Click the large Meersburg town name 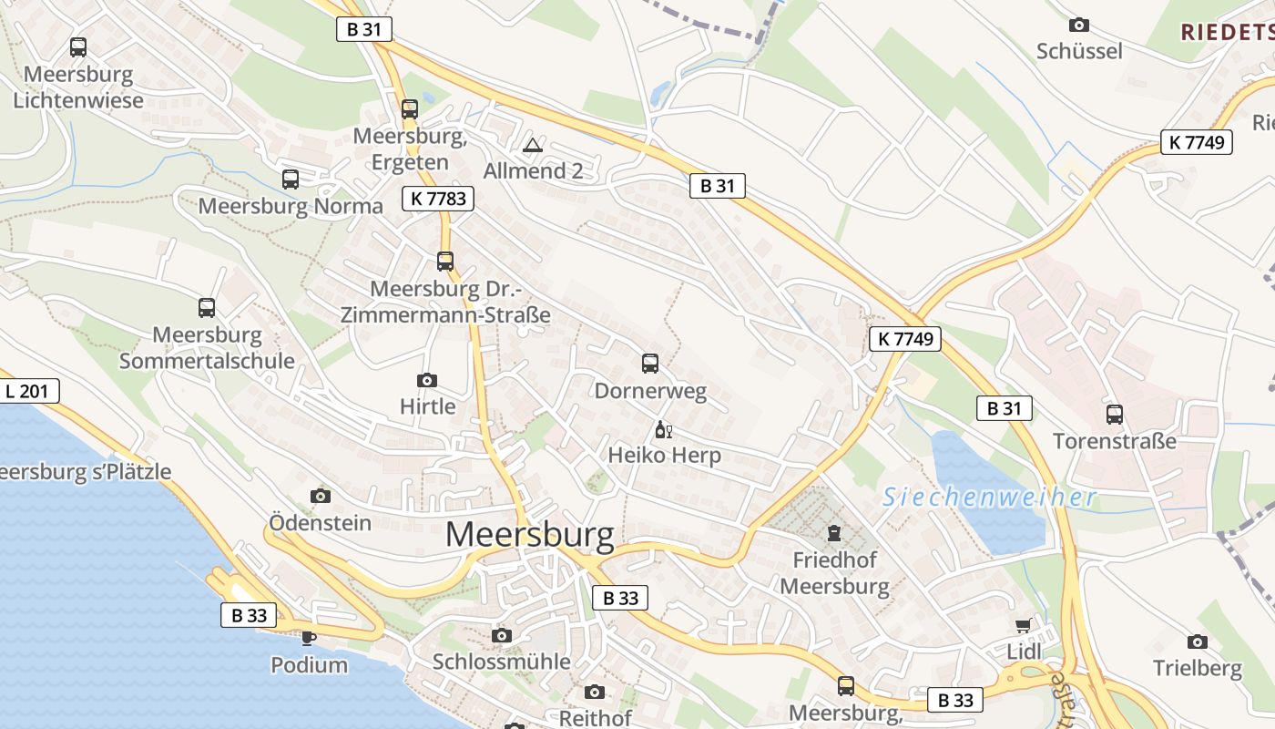529,535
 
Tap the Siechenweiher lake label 989,498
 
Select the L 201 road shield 29,392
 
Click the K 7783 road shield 437,198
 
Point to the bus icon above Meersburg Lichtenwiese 78,46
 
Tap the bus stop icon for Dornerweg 650,364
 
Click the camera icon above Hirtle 426,380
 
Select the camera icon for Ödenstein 320,496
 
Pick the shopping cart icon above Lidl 1023,626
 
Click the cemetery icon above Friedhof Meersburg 834,532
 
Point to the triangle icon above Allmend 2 533,145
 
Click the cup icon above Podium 308,638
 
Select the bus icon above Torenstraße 1114,415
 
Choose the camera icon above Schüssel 1078,25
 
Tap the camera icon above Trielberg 1197,642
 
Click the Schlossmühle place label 501,661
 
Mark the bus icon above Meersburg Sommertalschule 207,308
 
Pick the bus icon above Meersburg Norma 291,180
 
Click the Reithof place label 595,717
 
